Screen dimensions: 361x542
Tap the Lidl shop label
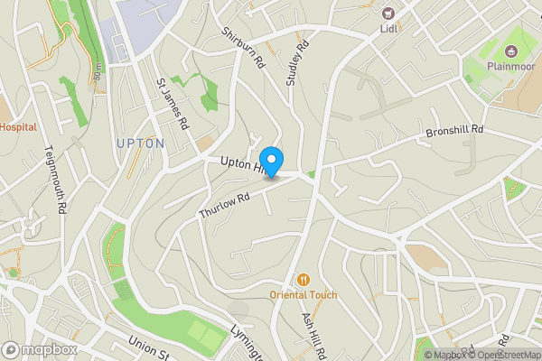(x=389, y=29)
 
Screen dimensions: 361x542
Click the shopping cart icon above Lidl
(x=389, y=13)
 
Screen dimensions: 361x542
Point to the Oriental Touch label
(x=304, y=295)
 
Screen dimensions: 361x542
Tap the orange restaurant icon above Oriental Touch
(x=304, y=280)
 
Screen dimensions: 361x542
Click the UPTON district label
(x=140, y=143)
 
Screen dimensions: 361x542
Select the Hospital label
(x=17, y=127)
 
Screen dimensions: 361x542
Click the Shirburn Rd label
(x=245, y=47)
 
